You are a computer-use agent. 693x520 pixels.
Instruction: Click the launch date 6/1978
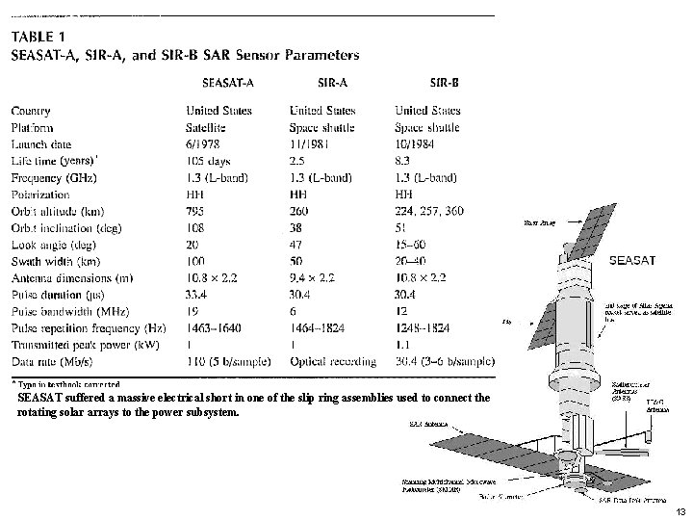203,143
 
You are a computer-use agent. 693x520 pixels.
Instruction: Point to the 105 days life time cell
209,160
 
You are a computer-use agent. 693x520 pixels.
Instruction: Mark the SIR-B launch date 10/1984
416,143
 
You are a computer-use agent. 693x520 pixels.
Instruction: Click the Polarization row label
46,194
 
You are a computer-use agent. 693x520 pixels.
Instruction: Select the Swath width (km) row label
56,261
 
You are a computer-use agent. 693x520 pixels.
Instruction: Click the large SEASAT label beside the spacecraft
634,259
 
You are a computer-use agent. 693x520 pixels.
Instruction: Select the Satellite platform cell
205,127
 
